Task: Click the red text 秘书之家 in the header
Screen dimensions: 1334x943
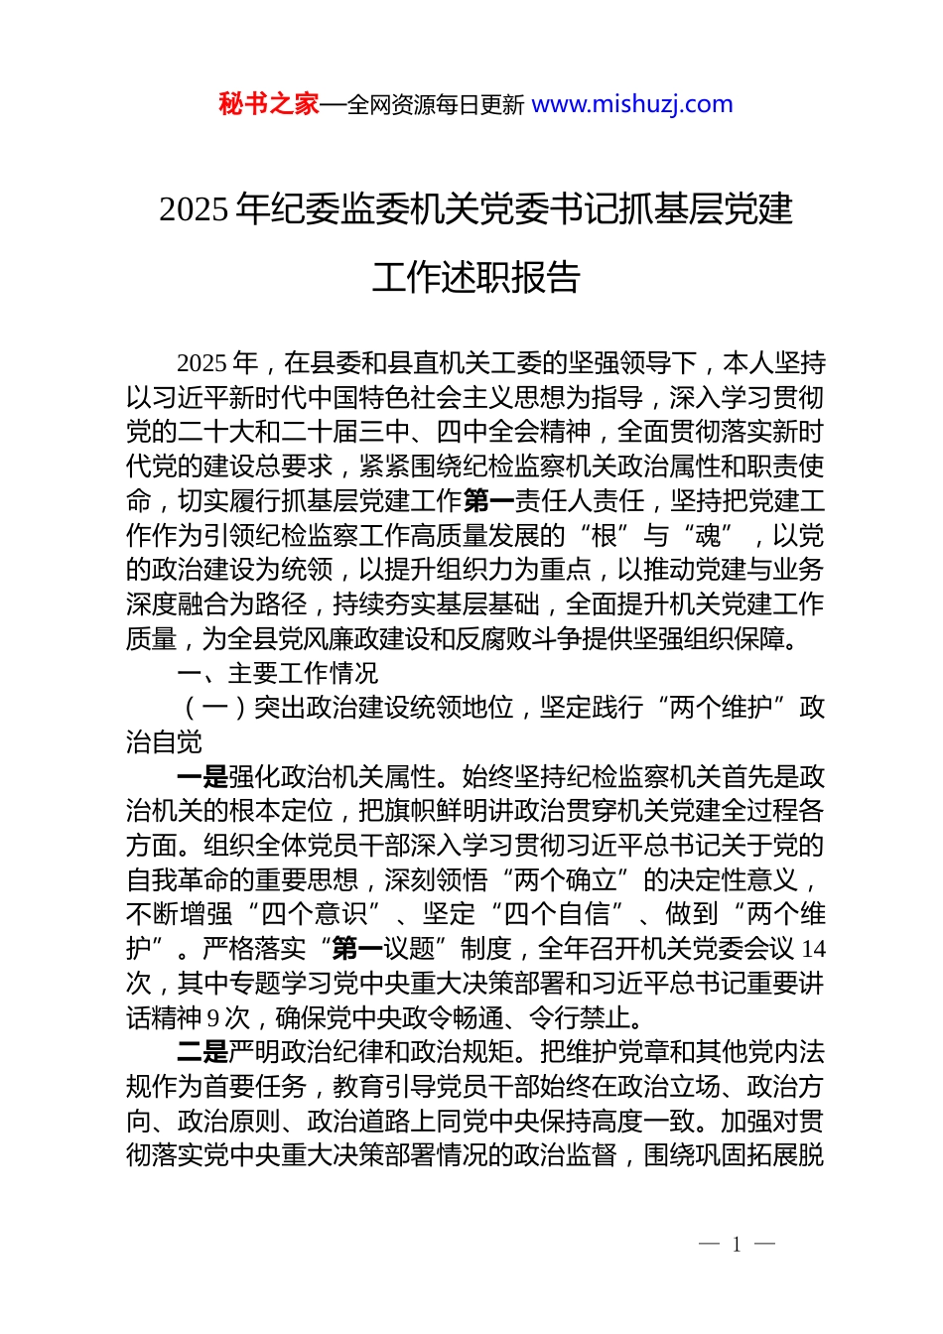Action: click(269, 104)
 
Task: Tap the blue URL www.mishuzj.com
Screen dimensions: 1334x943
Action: click(632, 104)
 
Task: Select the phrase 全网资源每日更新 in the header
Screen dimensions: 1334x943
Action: click(436, 105)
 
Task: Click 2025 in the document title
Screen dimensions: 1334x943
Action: click(195, 209)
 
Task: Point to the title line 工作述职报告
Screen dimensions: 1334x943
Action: click(475, 278)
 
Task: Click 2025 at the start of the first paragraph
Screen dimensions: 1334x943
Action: click(202, 363)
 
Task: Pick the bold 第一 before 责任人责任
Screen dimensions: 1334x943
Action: click(488, 501)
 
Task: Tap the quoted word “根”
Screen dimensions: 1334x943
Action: click(604, 536)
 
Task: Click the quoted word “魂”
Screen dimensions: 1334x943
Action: click(707, 536)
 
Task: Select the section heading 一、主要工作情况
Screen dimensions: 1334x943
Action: click(278, 674)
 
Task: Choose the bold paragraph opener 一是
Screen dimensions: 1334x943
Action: click(202, 777)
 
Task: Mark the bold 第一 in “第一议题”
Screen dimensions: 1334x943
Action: click(357, 949)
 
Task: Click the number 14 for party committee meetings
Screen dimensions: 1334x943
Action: click(813, 949)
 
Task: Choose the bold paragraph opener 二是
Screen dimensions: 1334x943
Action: click(202, 1052)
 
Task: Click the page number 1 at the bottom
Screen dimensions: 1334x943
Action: click(737, 1245)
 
